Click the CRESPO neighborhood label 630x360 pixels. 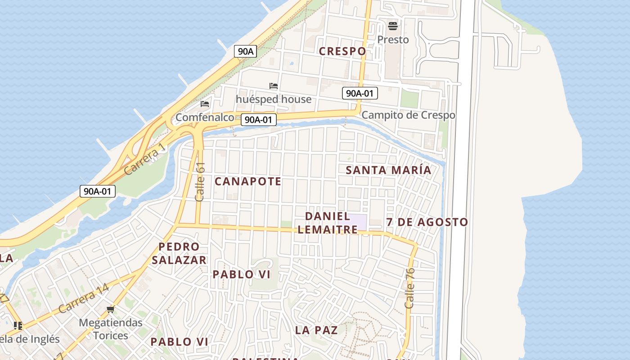pyautogui.click(x=342, y=51)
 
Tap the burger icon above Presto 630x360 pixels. pyautogui.click(x=393, y=26)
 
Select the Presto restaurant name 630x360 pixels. pyautogui.click(x=393, y=40)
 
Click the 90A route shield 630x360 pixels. pyautogui.click(x=245, y=51)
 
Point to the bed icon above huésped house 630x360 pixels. pyautogui.click(x=273, y=85)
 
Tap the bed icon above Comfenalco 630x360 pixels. pyautogui.click(x=205, y=104)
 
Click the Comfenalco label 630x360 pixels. pyautogui.click(x=205, y=117)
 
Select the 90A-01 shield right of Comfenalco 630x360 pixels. pyautogui.click(x=259, y=120)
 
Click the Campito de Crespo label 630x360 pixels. pyautogui.click(x=408, y=115)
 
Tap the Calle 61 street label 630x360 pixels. pyautogui.click(x=200, y=182)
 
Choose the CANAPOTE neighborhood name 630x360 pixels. pyautogui.click(x=248, y=181)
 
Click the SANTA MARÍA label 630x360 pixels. pyautogui.click(x=388, y=170)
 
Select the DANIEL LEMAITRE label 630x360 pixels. pyautogui.click(x=328, y=223)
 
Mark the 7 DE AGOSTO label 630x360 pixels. pyautogui.click(x=427, y=222)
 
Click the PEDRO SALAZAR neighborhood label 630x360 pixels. pyautogui.click(x=179, y=253)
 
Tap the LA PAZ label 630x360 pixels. pyautogui.click(x=316, y=330)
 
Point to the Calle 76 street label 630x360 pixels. pyautogui.click(x=409, y=288)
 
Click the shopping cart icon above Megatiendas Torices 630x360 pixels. pyautogui.click(x=111, y=309)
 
